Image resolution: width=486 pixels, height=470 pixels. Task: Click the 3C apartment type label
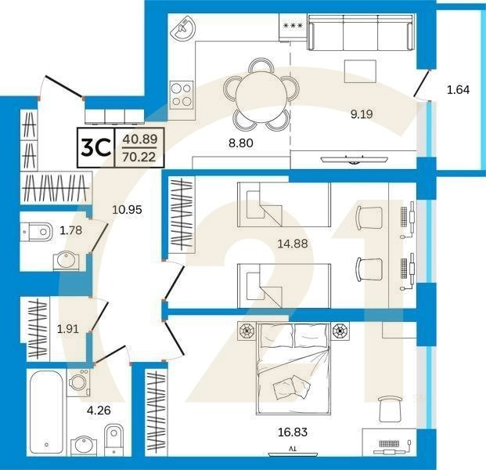coord(95,147)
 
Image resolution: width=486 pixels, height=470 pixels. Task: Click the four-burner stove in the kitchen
coord(182,95)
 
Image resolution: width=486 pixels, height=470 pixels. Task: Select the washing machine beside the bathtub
coord(78,382)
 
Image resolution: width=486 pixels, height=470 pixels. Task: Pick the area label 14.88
coord(292,244)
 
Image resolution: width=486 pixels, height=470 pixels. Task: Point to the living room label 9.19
coord(362,114)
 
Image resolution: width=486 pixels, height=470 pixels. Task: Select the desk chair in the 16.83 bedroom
coord(389,408)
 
